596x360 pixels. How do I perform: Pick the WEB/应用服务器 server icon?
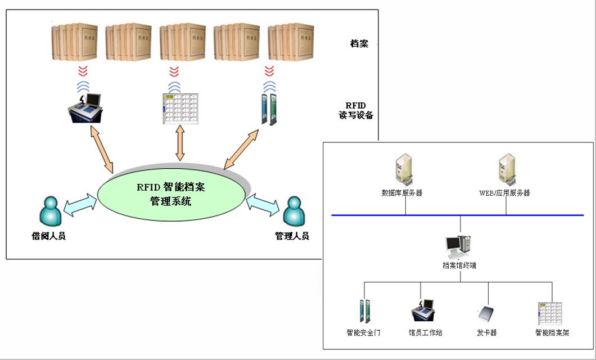click(505, 169)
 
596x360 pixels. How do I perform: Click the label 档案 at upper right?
click(359, 44)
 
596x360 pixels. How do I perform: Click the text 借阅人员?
click(48, 236)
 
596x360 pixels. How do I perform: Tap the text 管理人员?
click(292, 236)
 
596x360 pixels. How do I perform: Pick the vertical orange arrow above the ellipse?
click(180, 143)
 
